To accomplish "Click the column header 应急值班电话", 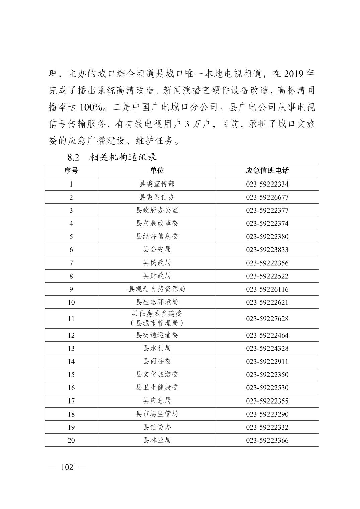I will (x=267, y=171).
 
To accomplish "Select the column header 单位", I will (x=157, y=171).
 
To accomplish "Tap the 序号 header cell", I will (x=71, y=171).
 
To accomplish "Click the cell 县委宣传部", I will (x=157, y=184).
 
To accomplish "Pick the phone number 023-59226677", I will (x=267, y=197).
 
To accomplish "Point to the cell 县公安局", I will (x=157, y=249).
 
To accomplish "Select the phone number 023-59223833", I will (x=267, y=250).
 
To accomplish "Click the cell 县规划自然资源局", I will (x=157, y=289).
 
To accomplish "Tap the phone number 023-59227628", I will (x=267, y=319).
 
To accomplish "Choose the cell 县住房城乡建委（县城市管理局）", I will (x=157, y=318).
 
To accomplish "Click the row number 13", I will (x=71, y=348).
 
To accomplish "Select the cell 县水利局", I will (x=157, y=348).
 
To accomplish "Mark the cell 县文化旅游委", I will (x=157, y=374).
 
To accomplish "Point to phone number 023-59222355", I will (x=267, y=401).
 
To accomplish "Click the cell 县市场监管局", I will (x=157, y=414).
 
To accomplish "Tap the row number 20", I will (x=71, y=440).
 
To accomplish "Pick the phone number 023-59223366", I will (x=267, y=440).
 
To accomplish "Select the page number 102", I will (x=67, y=467).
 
